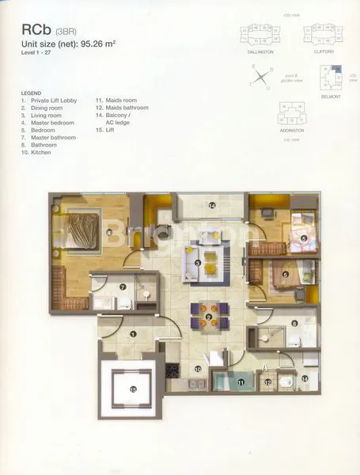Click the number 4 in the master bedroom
(109, 233)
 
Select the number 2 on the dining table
(208, 317)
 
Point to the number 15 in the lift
(133, 389)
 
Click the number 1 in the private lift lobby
(133, 335)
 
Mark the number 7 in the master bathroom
(123, 287)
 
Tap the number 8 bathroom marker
(294, 323)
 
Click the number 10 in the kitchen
(198, 368)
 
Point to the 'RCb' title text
(37, 32)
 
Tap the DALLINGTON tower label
(260, 51)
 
